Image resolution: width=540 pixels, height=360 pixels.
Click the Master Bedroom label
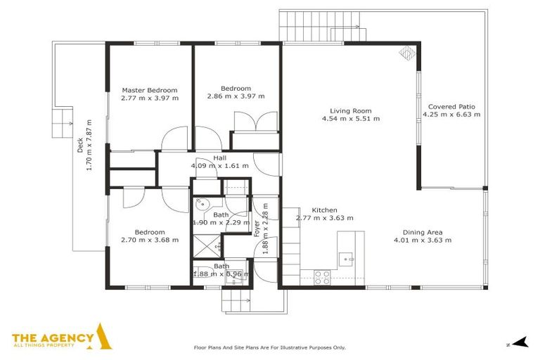150,90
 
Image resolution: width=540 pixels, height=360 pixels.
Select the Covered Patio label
449,107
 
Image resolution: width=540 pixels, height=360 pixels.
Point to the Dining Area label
422,232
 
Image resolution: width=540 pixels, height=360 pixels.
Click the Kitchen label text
324,210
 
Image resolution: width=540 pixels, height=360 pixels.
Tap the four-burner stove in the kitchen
322,277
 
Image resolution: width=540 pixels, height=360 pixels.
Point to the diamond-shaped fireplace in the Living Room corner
406,53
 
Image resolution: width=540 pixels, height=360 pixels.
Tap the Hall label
219,158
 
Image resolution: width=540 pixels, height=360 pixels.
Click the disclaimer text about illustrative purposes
269,347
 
